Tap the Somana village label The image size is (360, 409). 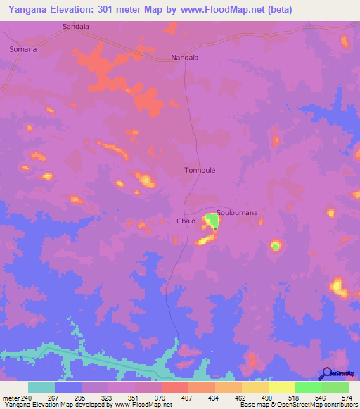[x=22, y=50]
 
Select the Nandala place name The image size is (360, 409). [x=186, y=58]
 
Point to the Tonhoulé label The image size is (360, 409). [x=198, y=170]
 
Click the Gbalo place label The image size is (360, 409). [x=186, y=220]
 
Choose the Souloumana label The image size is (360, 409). [x=237, y=212]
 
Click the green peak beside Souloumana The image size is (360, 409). [x=211, y=223]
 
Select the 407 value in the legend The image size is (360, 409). [x=188, y=398]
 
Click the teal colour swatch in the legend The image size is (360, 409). [x=41, y=388]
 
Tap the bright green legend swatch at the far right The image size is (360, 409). [x=335, y=388]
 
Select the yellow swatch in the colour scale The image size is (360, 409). [x=282, y=388]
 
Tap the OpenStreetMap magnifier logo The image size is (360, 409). [x=327, y=375]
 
